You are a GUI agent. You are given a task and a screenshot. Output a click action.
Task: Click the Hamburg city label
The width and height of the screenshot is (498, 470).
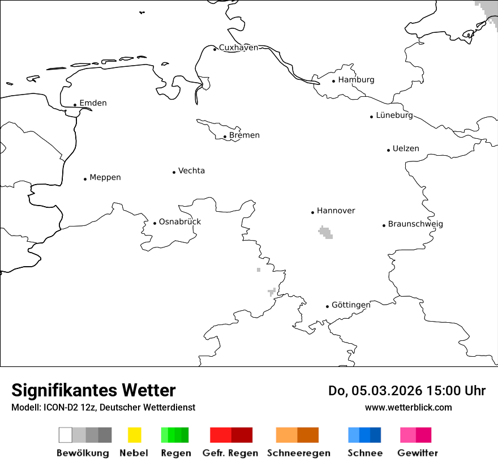pyautogui.click(x=356, y=80)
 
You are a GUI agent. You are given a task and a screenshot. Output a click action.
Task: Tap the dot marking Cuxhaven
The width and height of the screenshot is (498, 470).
pyautogui.click(x=215, y=49)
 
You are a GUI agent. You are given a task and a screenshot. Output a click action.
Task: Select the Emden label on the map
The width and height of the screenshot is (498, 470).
pyautogui.click(x=93, y=103)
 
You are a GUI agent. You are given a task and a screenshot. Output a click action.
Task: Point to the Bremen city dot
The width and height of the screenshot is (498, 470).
pyautogui.click(x=225, y=136)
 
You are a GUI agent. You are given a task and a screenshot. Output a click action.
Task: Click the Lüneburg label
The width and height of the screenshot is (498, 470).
pyautogui.click(x=394, y=116)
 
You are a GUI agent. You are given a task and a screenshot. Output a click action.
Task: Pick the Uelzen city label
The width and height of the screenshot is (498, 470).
pyautogui.click(x=406, y=149)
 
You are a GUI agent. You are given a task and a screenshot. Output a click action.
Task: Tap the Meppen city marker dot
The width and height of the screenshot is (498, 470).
pyautogui.click(x=85, y=179)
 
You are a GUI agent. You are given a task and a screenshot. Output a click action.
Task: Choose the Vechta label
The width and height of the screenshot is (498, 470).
pyautogui.click(x=191, y=171)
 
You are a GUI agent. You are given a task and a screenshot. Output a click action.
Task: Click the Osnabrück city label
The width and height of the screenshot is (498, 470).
pyautogui.click(x=179, y=222)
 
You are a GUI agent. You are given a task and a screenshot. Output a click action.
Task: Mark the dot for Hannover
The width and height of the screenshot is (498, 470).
pyautogui.click(x=312, y=212)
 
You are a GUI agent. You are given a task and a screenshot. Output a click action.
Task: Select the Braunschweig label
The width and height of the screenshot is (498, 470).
pyautogui.click(x=415, y=224)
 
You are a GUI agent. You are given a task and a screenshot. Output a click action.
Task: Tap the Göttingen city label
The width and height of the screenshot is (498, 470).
pyautogui.click(x=351, y=305)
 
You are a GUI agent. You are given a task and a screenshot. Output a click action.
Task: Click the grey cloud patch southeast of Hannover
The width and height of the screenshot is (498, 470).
pyautogui.click(x=325, y=232)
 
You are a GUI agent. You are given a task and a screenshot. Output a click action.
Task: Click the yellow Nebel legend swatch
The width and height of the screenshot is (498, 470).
pyautogui.click(x=134, y=435)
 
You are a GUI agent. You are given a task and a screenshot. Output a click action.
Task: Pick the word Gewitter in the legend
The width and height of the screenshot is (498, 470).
pyautogui.click(x=418, y=453)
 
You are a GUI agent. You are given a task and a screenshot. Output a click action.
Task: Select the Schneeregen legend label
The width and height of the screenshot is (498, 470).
pyautogui.click(x=299, y=453)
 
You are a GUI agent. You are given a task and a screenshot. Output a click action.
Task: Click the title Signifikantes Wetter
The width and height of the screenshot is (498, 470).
pyautogui.click(x=93, y=391)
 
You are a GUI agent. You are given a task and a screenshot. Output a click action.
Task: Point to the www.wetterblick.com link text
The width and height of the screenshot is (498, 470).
pyautogui.click(x=408, y=408)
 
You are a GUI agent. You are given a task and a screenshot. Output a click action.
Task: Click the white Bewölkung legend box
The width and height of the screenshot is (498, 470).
pyautogui.click(x=66, y=435)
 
